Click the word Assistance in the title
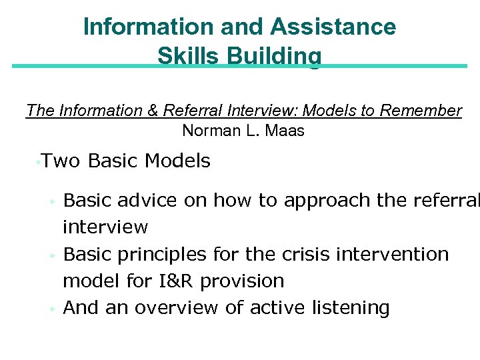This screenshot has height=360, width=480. point(334,27)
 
